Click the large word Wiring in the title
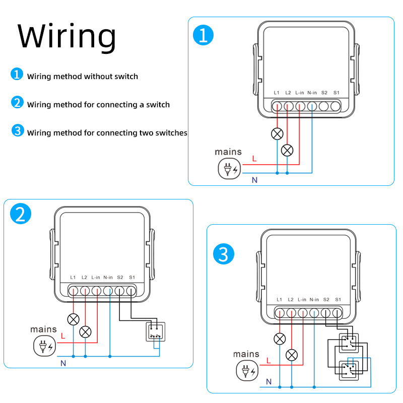(x=67, y=36)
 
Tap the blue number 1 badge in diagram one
(x=204, y=36)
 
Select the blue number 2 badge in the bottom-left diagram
(x=21, y=215)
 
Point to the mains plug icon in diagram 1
(x=229, y=168)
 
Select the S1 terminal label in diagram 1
(x=337, y=93)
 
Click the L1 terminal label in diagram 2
(x=73, y=278)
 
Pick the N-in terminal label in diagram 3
(x=314, y=300)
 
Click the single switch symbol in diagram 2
(x=156, y=331)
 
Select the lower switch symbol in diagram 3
(x=348, y=371)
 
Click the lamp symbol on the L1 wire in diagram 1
(x=277, y=133)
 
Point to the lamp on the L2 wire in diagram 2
(x=86, y=331)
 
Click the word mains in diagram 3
(x=246, y=354)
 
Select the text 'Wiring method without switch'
(x=83, y=77)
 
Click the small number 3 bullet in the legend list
(x=18, y=131)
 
